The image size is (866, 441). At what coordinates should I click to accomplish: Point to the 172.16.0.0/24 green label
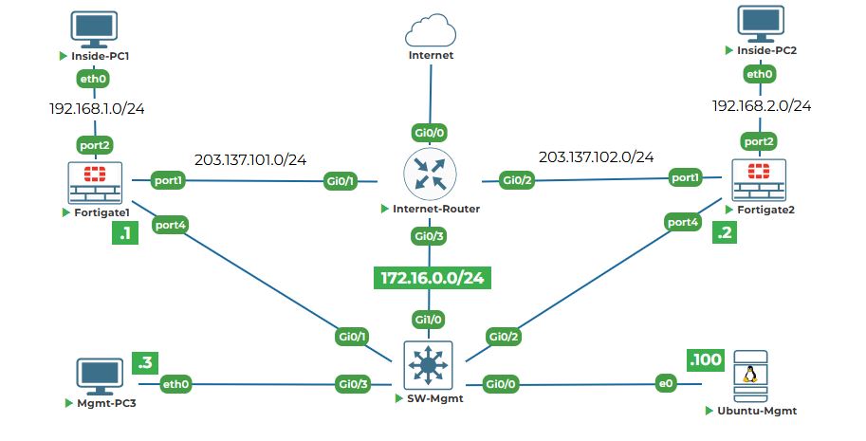tap(433, 277)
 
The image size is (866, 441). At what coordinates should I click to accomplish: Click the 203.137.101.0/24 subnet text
tap(250, 159)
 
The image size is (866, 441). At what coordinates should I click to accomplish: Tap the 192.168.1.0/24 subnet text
tap(97, 108)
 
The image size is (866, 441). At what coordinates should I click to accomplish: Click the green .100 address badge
tap(705, 360)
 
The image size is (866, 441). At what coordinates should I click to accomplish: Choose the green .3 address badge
tap(145, 362)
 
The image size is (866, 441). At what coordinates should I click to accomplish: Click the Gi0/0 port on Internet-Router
tap(430, 132)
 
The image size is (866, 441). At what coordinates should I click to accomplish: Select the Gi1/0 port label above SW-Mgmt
tap(430, 321)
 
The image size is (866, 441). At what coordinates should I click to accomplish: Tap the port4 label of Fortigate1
tap(171, 226)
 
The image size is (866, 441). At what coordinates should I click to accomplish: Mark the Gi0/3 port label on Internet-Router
tap(430, 234)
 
